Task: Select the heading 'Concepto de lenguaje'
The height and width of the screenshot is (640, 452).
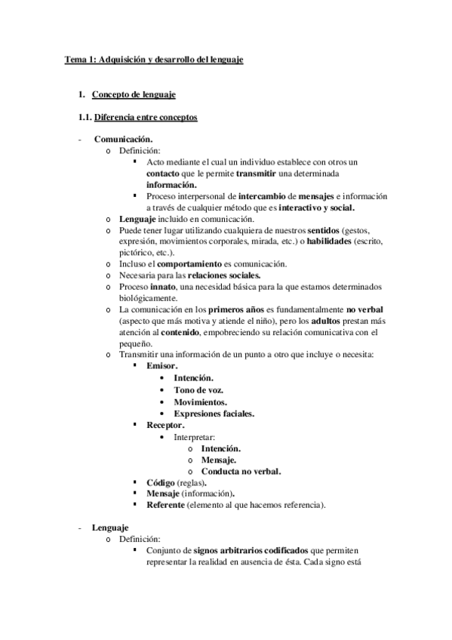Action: (x=134, y=94)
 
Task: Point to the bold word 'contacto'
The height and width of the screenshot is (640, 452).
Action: (x=162, y=173)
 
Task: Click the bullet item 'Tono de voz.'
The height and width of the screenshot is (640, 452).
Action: (x=199, y=390)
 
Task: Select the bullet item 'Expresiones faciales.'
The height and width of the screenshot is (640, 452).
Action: (x=214, y=414)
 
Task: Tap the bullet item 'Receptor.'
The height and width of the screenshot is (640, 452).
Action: (x=166, y=425)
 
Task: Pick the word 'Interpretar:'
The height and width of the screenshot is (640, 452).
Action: (x=195, y=437)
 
